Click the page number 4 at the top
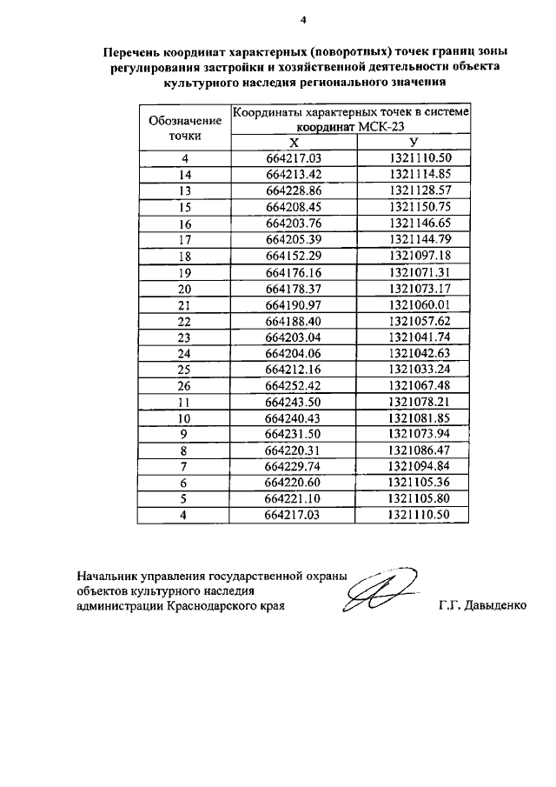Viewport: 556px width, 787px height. click(x=302, y=19)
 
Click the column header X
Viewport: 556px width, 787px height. click(x=294, y=143)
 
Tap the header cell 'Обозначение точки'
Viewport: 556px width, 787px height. click(x=184, y=127)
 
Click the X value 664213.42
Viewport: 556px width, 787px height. click(x=294, y=174)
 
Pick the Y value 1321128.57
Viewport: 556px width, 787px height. click(x=420, y=190)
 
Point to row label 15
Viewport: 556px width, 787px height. click(x=184, y=206)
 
